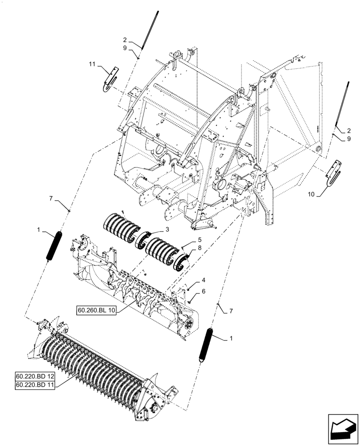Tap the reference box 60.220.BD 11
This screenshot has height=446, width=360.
(x=35, y=386)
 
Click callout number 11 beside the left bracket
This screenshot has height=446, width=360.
(x=92, y=65)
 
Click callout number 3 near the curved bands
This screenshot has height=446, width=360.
(x=167, y=229)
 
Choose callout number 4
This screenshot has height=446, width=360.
(x=203, y=281)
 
